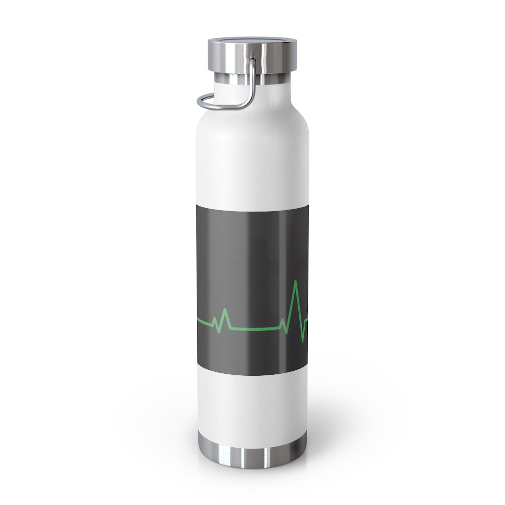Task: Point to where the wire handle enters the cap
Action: click(x=252, y=61)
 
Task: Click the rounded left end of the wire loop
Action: click(x=199, y=102)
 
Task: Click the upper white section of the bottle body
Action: click(x=252, y=158)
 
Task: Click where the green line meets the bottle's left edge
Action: click(x=198, y=321)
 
